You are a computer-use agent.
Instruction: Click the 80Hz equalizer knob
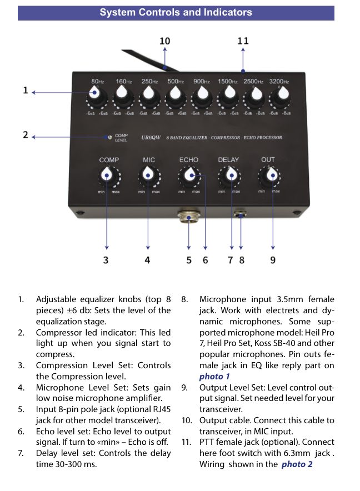pos(96,97)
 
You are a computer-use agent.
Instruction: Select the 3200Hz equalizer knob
pos(281,97)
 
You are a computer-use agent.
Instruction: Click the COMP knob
pos(108,176)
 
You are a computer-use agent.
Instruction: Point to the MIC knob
pos(148,176)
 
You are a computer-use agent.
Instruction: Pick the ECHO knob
pos(189,176)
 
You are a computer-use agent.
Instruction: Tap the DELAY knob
pos(229,176)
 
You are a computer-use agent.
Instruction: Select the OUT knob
pos(269,176)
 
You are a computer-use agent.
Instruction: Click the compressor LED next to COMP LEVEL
pos(109,137)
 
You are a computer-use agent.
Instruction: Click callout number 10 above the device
pos(165,41)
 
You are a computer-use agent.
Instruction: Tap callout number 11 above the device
pos(243,41)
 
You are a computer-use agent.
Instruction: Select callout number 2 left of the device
pos(26,135)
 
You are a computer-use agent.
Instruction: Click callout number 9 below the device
pos(273,260)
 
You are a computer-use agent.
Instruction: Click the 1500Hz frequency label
pos(228,82)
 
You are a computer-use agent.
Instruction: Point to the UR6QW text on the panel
pos(151,137)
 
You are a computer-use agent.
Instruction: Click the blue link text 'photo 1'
pos(214,377)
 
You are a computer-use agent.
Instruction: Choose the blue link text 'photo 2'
pos(297,464)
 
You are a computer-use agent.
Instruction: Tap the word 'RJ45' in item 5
pos(162,409)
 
